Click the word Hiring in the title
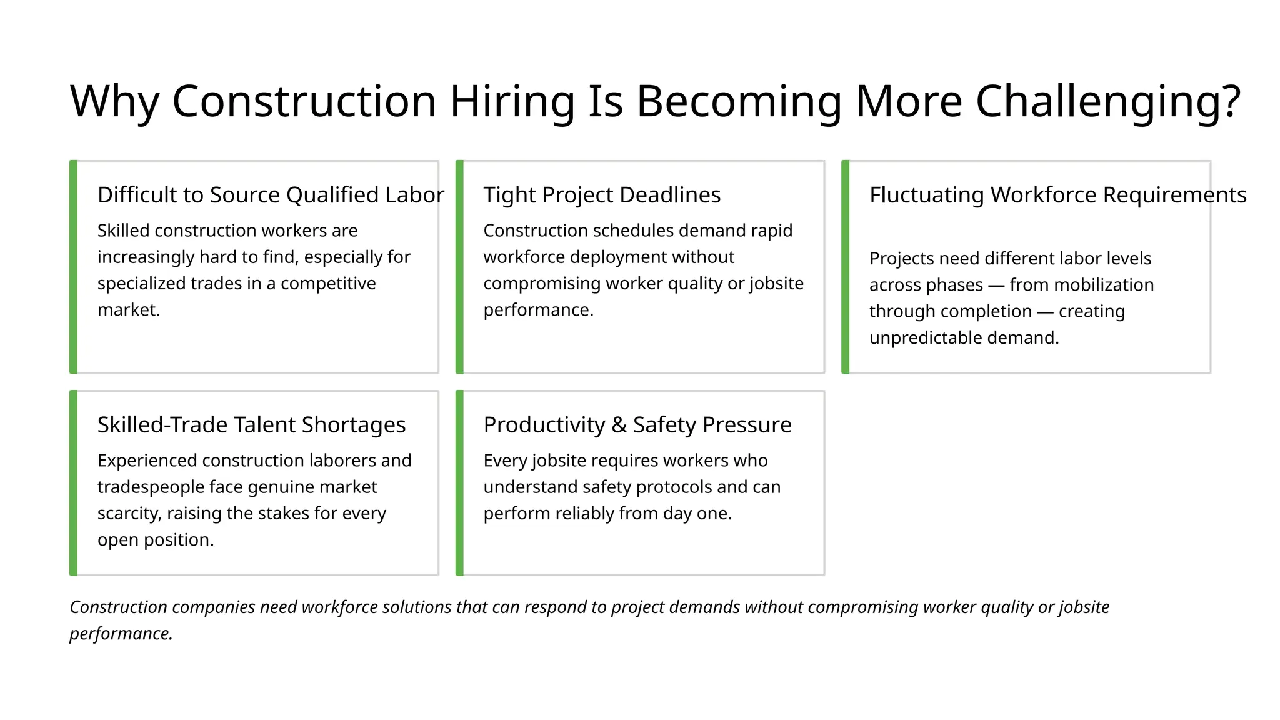[512, 101]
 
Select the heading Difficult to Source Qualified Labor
[271, 195]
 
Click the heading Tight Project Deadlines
[602, 195]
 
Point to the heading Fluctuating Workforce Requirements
[1058, 195]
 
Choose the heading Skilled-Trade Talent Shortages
[251, 425]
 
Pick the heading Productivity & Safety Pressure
[637, 425]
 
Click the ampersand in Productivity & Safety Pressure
[619, 425]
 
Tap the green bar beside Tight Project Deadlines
[459, 267]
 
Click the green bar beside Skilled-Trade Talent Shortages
[73, 482]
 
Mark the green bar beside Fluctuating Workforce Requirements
[845, 267]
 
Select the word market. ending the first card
[129, 310]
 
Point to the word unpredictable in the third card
[926, 338]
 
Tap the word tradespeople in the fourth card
[151, 487]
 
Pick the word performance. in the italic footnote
[121, 634]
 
